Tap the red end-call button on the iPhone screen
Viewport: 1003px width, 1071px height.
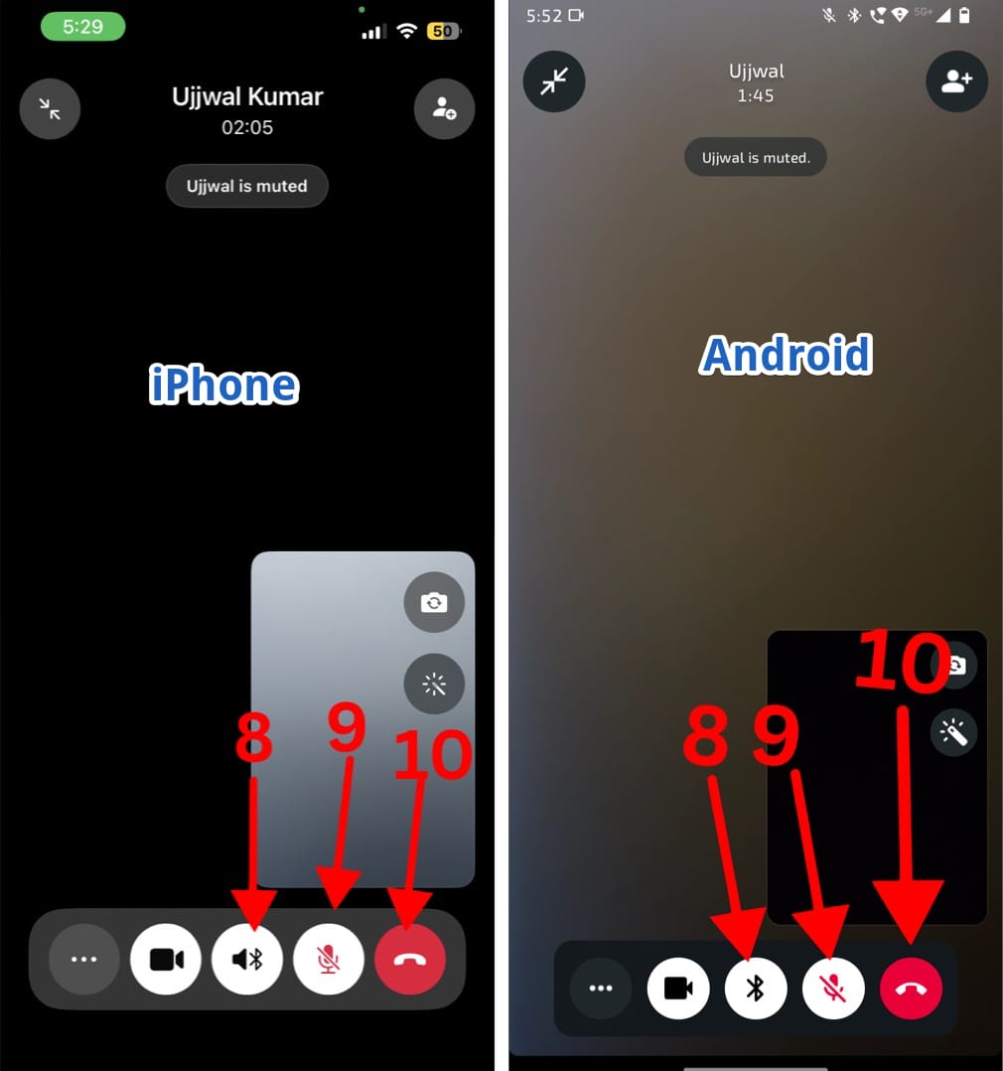(x=410, y=959)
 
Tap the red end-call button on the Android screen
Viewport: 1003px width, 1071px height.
(x=911, y=988)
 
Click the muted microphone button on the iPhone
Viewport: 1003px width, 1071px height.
(x=329, y=959)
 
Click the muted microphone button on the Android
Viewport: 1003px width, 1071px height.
(x=833, y=988)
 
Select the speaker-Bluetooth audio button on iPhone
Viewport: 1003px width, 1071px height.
(x=247, y=959)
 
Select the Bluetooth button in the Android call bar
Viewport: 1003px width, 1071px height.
(x=755, y=988)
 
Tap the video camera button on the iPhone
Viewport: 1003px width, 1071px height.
(x=166, y=959)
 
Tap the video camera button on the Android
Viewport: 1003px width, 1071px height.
(x=678, y=988)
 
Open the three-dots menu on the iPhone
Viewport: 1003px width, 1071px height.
(x=84, y=959)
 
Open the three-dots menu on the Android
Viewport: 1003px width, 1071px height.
(x=601, y=988)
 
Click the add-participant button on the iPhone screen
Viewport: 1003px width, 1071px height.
(x=445, y=108)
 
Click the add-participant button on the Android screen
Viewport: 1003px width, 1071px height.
(x=956, y=81)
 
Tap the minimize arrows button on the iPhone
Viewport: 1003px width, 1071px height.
(x=50, y=108)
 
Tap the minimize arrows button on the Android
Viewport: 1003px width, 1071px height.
(x=554, y=81)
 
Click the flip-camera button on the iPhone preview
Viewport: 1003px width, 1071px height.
(x=434, y=602)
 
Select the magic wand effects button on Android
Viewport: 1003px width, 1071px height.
(x=953, y=733)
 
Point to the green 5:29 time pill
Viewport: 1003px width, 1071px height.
(x=82, y=28)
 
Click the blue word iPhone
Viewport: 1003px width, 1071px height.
(x=224, y=384)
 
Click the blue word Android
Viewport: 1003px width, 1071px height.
(x=787, y=355)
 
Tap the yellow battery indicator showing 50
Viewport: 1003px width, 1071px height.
(x=443, y=31)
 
